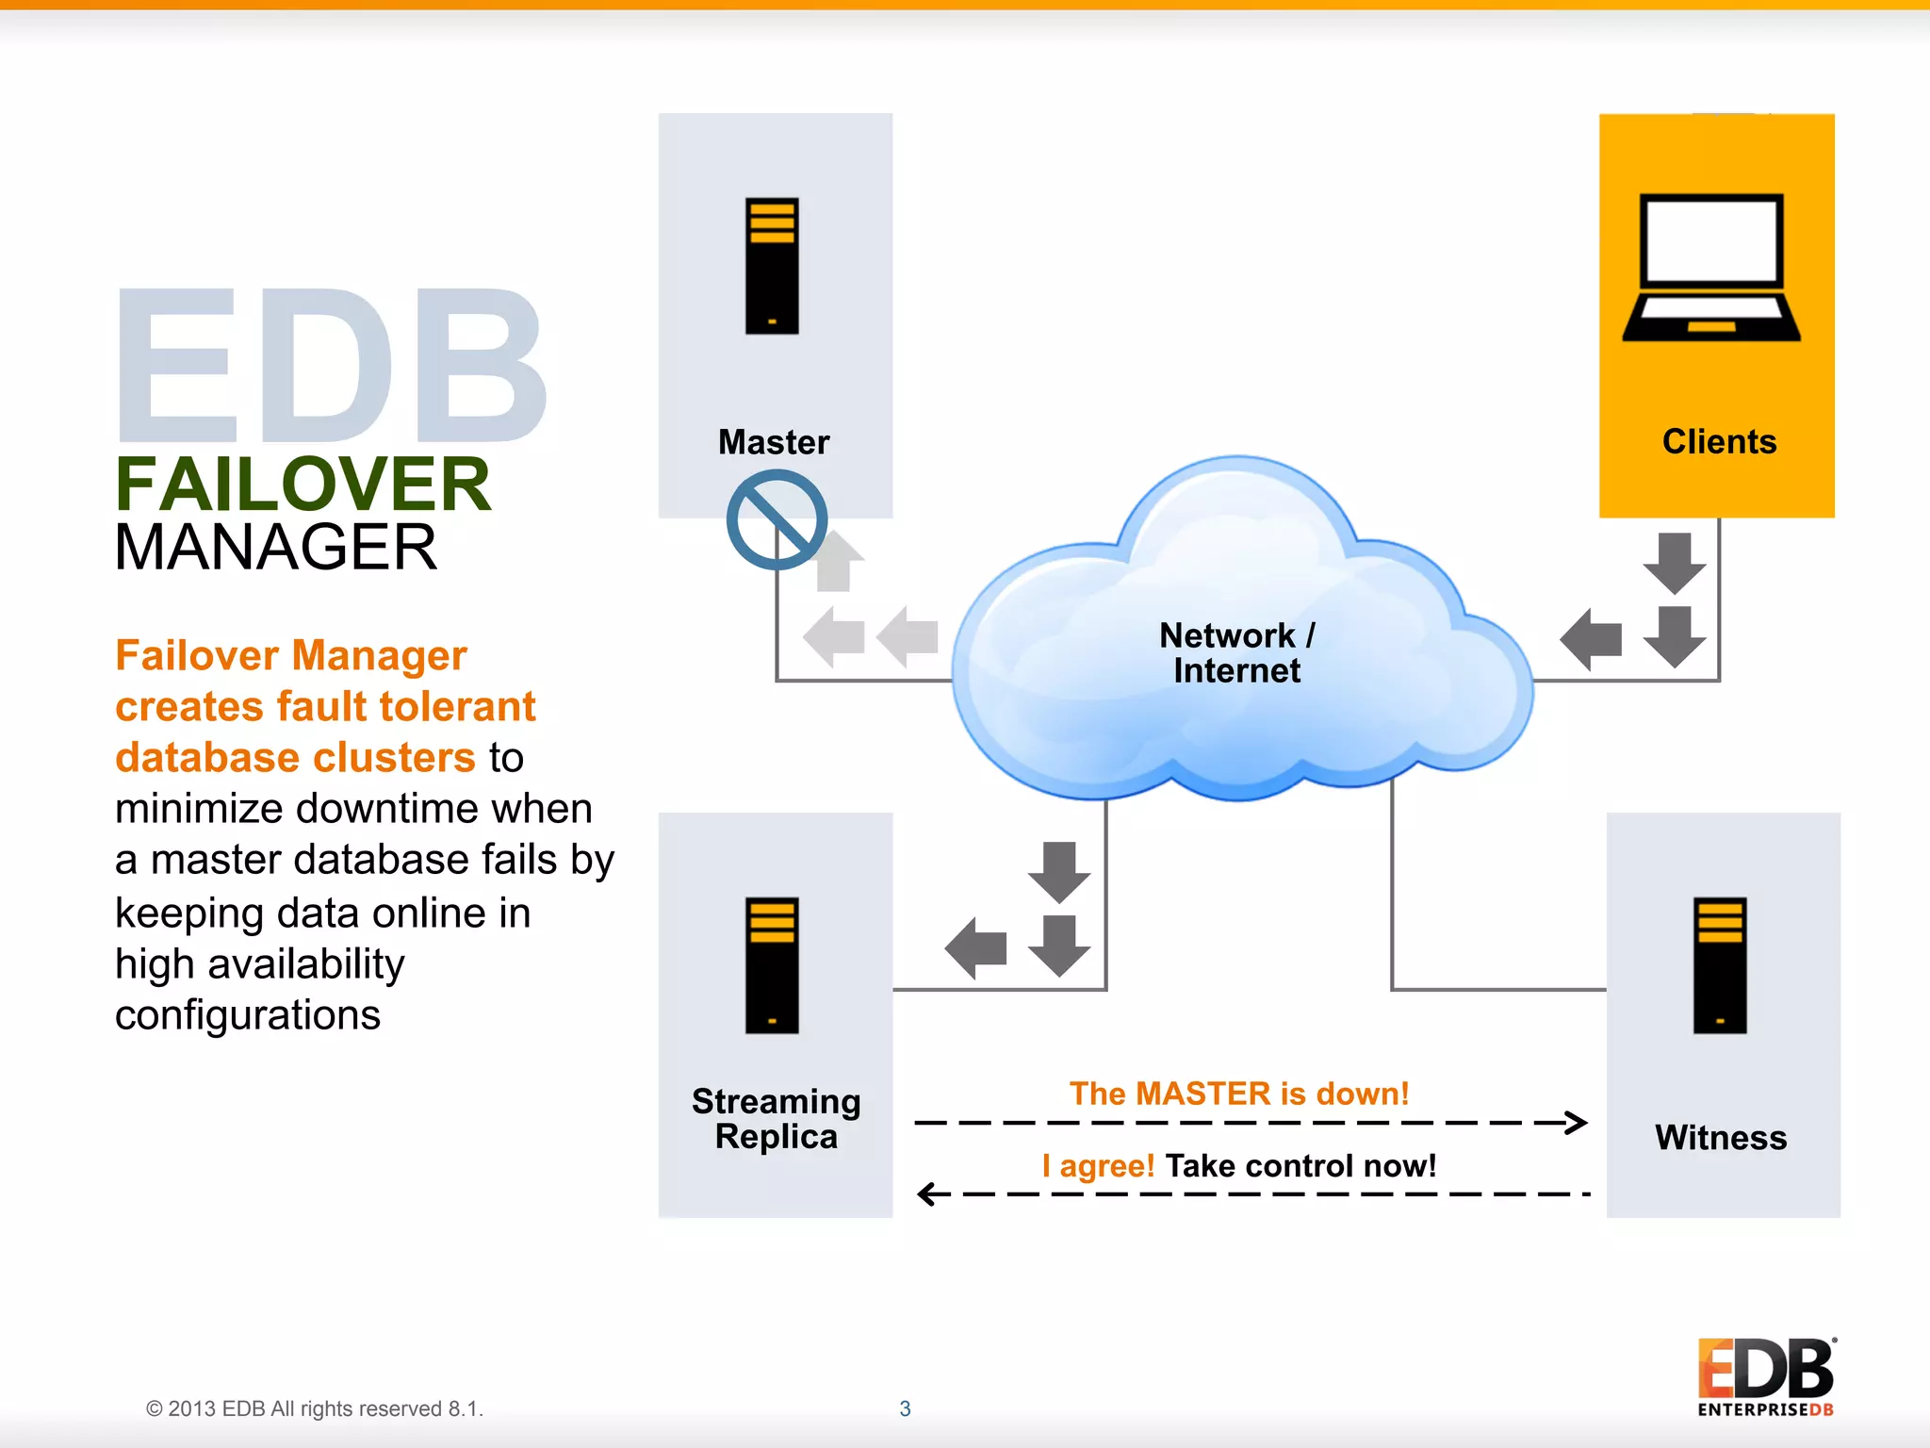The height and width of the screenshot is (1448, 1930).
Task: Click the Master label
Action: pyautogui.click(x=774, y=442)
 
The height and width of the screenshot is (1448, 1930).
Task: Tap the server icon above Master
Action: pyautogui.click(x=772, y=266)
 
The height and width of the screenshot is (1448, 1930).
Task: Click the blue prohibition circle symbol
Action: pyautogui.click(x=777, y=519)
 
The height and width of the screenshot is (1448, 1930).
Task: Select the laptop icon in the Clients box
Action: pyautogui.click(x=1711, y=268)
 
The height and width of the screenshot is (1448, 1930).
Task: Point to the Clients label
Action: pyautogui.click(x=1719, y=442)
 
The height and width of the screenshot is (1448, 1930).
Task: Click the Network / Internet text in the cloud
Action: pyautogui.click(x=1236, y=652)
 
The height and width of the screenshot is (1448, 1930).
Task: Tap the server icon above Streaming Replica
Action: pyautogui.click(x=772, y=965)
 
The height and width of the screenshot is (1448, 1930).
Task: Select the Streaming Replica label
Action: pyautogui.click(x=776, y=1119)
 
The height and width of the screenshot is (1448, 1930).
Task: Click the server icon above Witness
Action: pyautogui.click(x=1720, y=965)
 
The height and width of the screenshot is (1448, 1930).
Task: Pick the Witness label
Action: pyautogui.click(x=1721, y=1138)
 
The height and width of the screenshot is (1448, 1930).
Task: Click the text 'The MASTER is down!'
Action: pyautogui.click(x=1239, y=1094)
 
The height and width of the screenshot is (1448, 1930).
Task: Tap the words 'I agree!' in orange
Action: pyautogui.click(x=1098, y=1166)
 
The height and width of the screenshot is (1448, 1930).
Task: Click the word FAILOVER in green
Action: pyautogui.click(x=303, y=485)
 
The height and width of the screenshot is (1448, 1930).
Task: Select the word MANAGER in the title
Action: pyautogui.click(x=275, y=548)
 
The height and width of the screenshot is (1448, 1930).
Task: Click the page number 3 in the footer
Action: pyautogui.click(x=905, y=1408)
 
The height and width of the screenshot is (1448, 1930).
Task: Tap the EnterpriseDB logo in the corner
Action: pyautogui.click(x=1765, y=1377)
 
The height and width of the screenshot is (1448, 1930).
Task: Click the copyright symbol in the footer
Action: pyautogui.click(x=155, y=1409)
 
